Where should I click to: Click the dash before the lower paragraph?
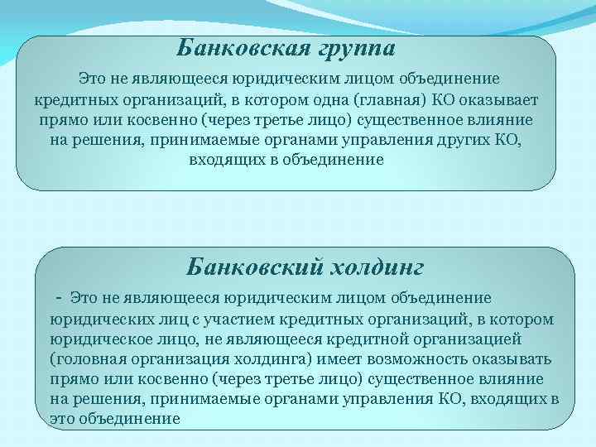[58, 296]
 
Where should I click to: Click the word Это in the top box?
[90, 80]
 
